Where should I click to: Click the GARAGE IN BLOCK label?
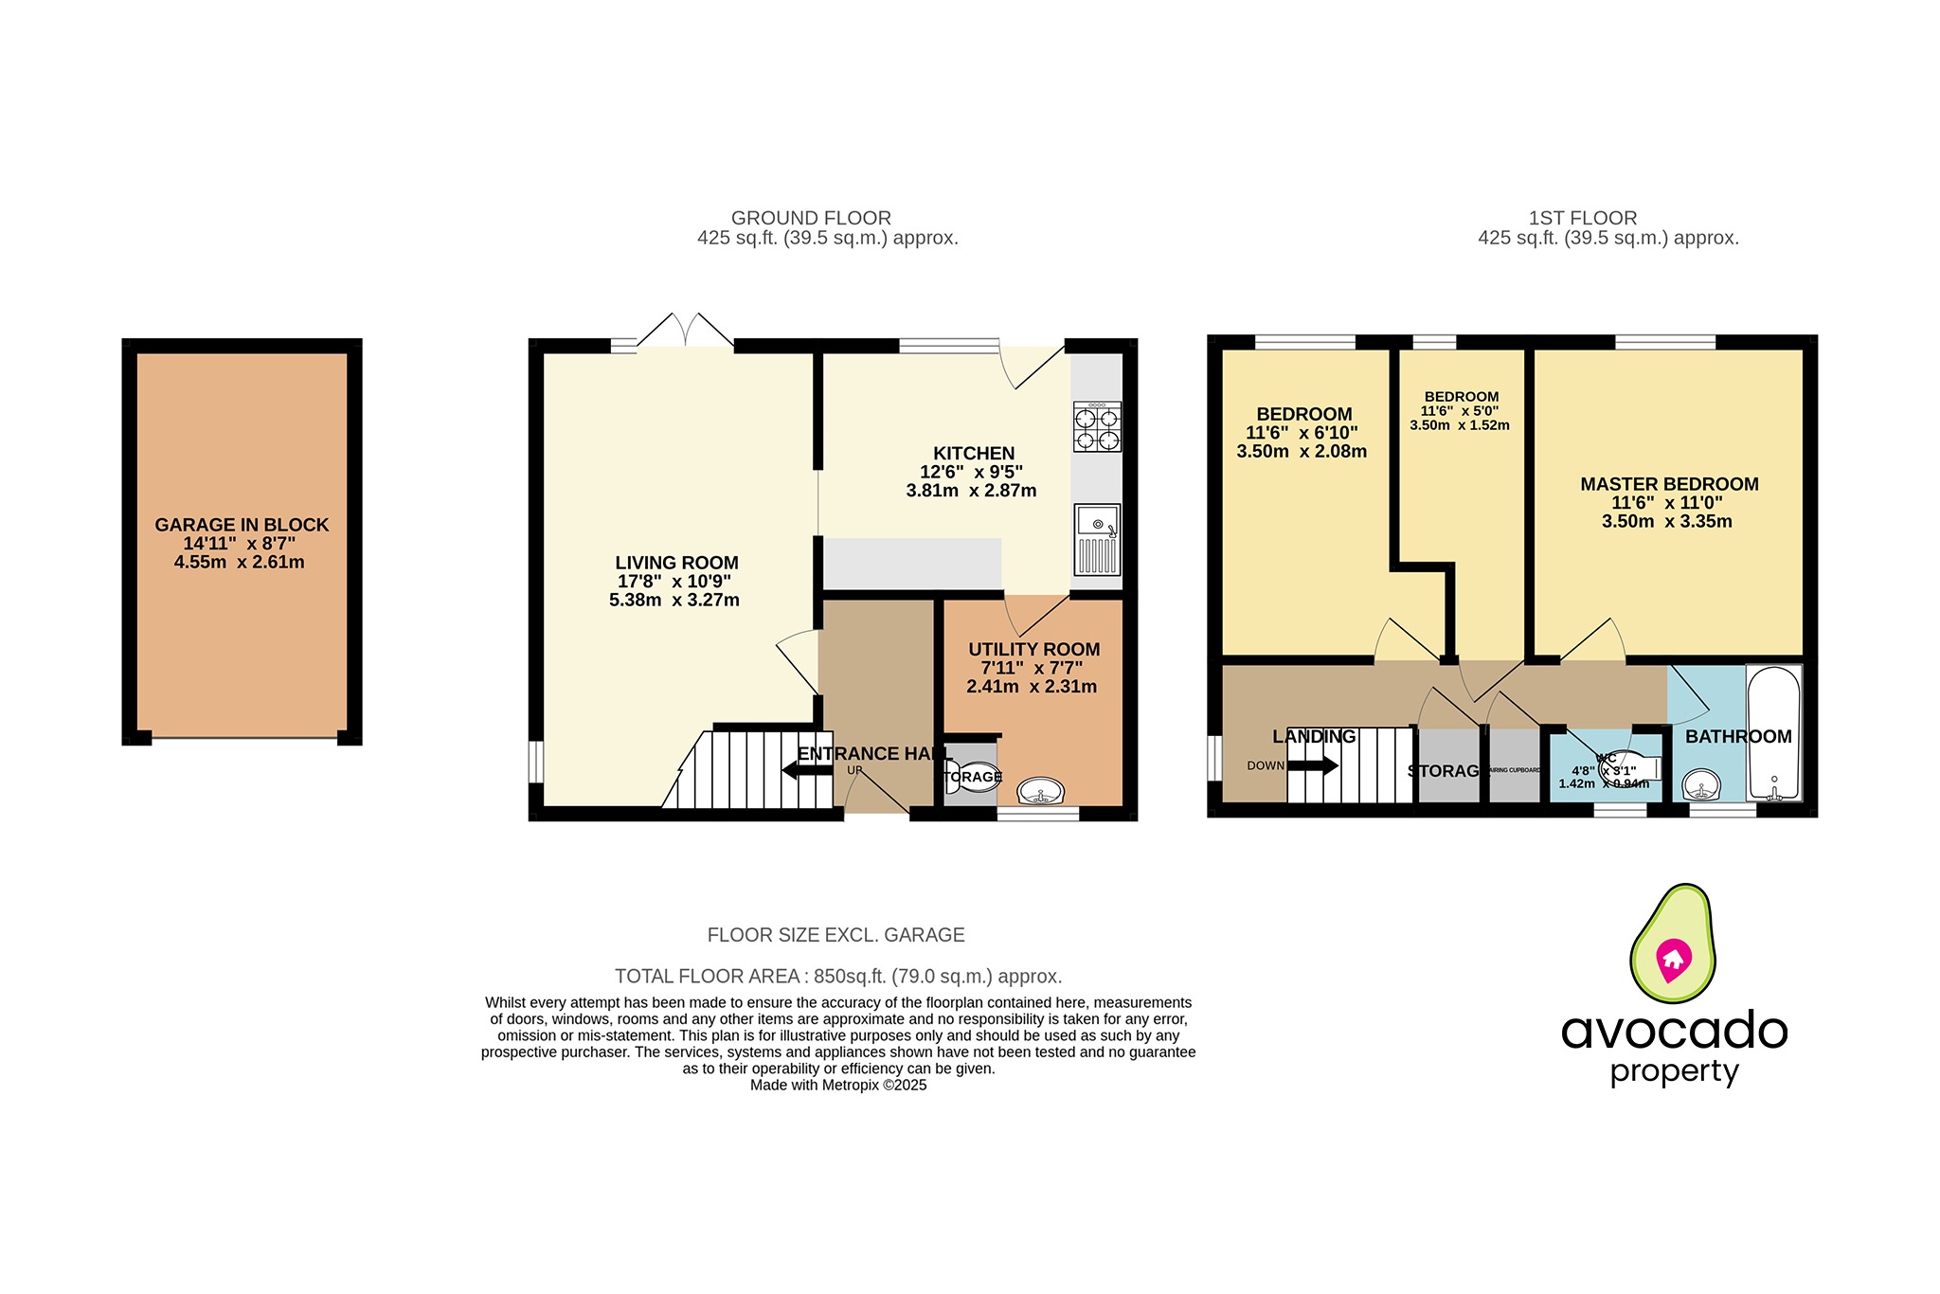(x=242, y=525)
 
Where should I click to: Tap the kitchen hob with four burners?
(x=1097, y=427)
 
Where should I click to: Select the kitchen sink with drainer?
(x=1097, y=540)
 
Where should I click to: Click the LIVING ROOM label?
(x=676, y=563)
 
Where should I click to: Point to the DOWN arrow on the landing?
(x=1312, y=765)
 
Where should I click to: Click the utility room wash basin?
(x=1040, y=791)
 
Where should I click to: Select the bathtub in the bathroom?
(x=1773, y=734)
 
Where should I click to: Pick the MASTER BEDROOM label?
(x=1669, y=484)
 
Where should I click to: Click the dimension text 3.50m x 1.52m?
(x=1460, y=426)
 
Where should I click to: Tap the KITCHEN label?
(x=974, y=454)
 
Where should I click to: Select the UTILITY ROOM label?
(x=1033, y=650)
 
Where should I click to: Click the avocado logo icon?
(x=1672, y=944)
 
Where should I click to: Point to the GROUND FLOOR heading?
(x=811, y=218)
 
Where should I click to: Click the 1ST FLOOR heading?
(x=1583, y=218)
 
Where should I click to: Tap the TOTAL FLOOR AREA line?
(x=838, y=976)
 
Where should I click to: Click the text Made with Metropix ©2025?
(x=838, y=1086)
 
